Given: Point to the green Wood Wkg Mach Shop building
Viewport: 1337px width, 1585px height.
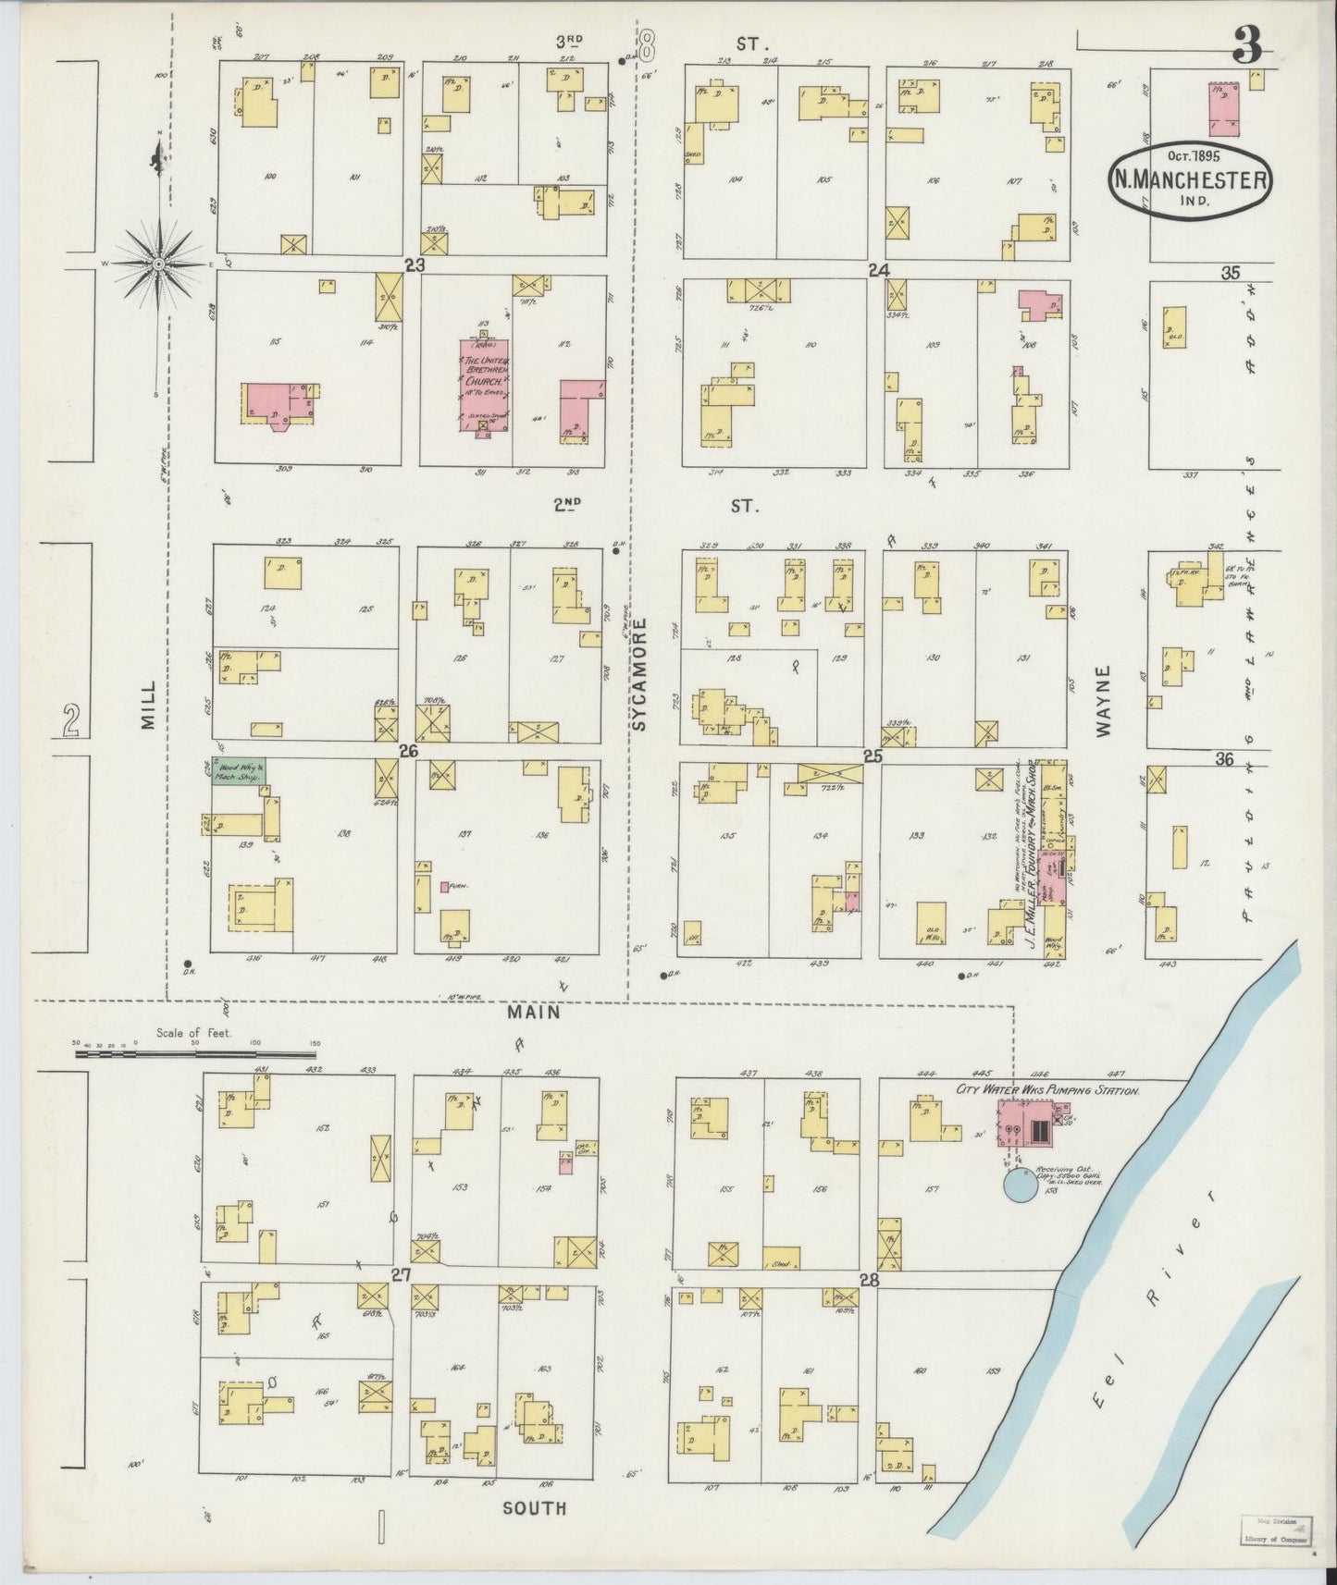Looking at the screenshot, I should point(235,770).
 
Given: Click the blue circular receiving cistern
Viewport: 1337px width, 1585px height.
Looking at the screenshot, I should point(1021,1185).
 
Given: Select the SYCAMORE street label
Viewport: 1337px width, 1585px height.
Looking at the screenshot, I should point(639,675).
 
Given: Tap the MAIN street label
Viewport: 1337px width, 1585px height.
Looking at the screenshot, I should point(533,1012).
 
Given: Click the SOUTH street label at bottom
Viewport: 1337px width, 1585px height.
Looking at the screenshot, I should point(534,1507).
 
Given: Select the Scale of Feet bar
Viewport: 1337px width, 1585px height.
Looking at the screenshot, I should point(196,1052).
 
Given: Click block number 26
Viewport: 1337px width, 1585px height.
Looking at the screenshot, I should point(408,751).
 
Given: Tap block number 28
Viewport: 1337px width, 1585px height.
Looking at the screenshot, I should point(868,1281).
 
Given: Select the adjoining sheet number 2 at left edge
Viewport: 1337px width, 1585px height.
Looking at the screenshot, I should point(70,719).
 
